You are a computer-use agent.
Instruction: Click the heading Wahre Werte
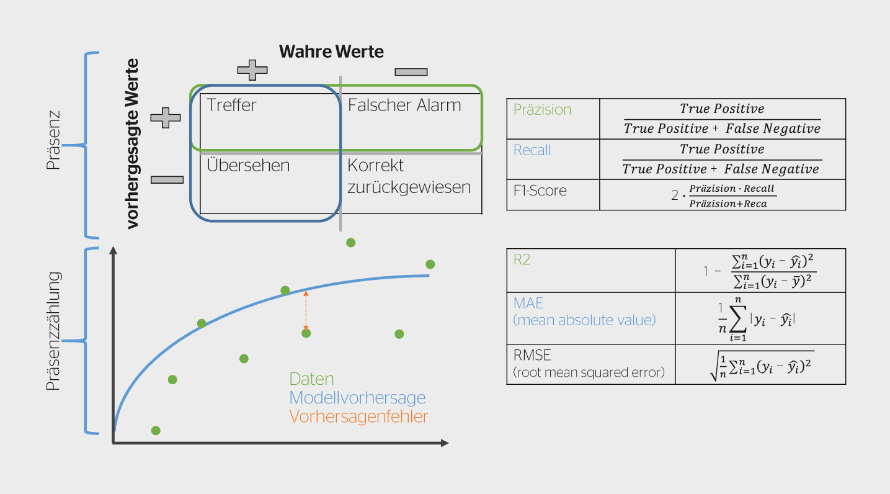[x=331, y=52]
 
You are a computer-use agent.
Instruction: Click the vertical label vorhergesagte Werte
[x=132, y=144]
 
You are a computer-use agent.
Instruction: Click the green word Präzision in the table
[x=542, y=109]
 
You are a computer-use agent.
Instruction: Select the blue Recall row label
[x=532, y=150]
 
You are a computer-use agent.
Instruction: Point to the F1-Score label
[x=540, y=191]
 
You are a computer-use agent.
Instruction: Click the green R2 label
[x=522, y=259]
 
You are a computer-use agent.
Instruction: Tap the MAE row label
[x=584, y=312]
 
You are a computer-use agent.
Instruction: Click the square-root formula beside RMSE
[x=762, y=366]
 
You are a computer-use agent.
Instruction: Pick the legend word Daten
[x=311, y=379]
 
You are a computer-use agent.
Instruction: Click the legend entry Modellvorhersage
[x=357, y=397]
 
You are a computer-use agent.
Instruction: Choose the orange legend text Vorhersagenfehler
[x=358, y=416]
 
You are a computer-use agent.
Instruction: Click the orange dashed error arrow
[x=306, y=310]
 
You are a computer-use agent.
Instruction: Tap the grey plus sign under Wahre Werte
[x=252, y=70]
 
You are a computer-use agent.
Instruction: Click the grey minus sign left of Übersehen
[x=167, y=179]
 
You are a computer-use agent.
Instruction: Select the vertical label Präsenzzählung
[x=53, y=331]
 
